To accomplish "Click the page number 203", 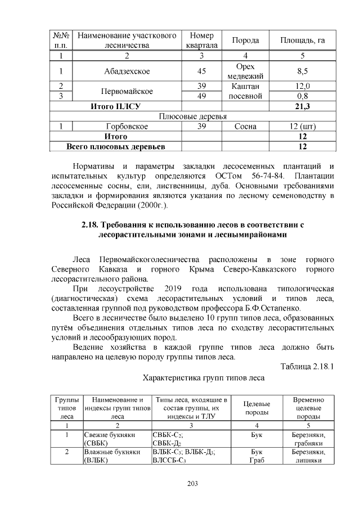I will (179, 483).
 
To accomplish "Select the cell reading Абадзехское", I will (126, 71).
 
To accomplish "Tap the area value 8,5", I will (302, 71).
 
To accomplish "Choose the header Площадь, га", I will (302, 40).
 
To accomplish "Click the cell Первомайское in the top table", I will (126, 91).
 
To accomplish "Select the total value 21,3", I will (302, 106).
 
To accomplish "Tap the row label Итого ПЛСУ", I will (115, 106).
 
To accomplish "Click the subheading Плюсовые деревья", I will (193, 116).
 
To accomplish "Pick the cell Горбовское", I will (126, 127).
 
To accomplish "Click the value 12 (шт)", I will (302, 127).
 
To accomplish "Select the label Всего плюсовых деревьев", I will (115, 147).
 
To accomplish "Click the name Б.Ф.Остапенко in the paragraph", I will (274, 308).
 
